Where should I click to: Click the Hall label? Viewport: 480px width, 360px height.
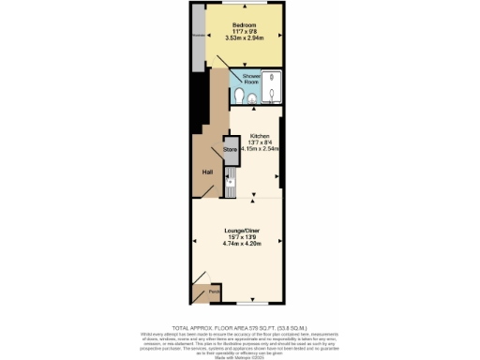tap(208, 172)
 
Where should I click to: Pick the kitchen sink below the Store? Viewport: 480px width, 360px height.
tap(230, 172)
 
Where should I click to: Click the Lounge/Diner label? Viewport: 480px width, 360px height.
tap(243, 230)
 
